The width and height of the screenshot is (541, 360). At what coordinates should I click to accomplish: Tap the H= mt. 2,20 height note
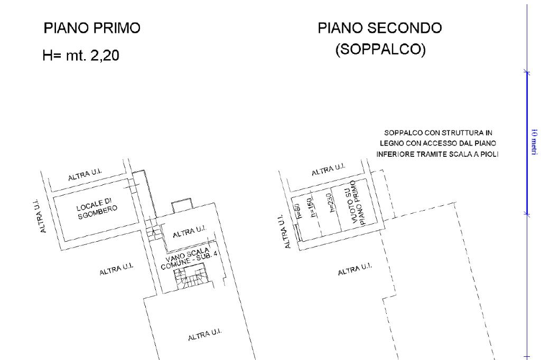[81, 55]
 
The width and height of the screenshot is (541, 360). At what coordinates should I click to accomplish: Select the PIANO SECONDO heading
[379, 29]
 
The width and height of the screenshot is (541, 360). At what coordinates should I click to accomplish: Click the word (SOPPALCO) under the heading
[380, 51]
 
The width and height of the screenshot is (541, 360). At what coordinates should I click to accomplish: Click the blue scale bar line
[526, 143]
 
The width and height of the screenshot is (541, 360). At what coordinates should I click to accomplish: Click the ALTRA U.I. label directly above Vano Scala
[189, 230]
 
